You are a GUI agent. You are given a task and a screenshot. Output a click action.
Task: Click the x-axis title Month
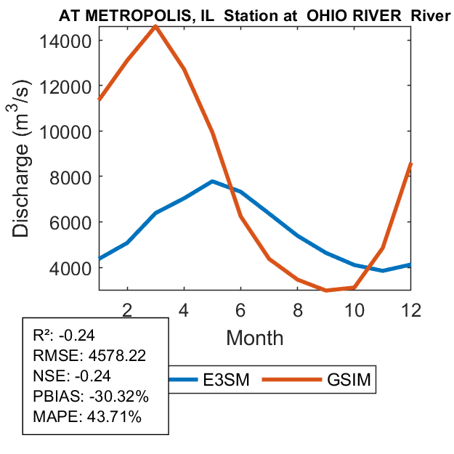coord(255,337)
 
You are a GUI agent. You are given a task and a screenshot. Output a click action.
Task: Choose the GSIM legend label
coord(348,379)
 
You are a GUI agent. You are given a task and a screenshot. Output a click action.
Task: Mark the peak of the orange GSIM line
coord(155,26)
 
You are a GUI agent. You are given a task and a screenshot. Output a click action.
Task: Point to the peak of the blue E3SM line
coord(212,181)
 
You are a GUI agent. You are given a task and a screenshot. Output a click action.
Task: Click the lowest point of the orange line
coord(327,291)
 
